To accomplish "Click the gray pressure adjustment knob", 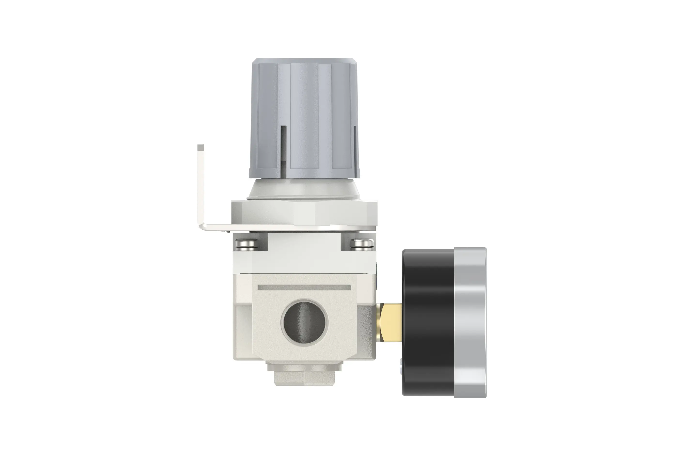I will click(304, 116).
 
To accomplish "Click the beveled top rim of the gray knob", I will click(304, 61).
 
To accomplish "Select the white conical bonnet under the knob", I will click(304, 189).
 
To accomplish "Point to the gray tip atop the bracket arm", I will click(200, 147).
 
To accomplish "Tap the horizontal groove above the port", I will click(304, 288).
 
